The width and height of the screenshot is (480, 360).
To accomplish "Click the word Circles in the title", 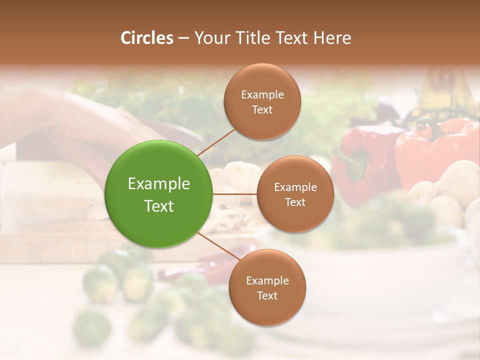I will pos(146,37).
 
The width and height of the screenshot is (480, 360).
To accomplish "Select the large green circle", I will pos(159,194).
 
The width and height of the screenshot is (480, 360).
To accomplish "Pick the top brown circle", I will pos(262,101).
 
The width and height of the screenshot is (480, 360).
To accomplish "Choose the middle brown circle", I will pos(295,194).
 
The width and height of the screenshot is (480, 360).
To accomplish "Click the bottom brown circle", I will pos(267,287).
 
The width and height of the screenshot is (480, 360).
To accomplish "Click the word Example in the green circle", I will pos(159,184).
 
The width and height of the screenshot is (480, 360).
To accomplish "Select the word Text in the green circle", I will pos(159,206).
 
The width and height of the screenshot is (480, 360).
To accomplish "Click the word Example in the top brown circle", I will pos(262,94).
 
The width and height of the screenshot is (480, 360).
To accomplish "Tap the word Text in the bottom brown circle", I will pos(267,295).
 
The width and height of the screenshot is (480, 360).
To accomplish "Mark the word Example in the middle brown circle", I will pos(295,187).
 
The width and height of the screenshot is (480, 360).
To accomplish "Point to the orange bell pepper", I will pos(435,150).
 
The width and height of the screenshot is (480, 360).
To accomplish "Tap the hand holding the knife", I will pos(75,125).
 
